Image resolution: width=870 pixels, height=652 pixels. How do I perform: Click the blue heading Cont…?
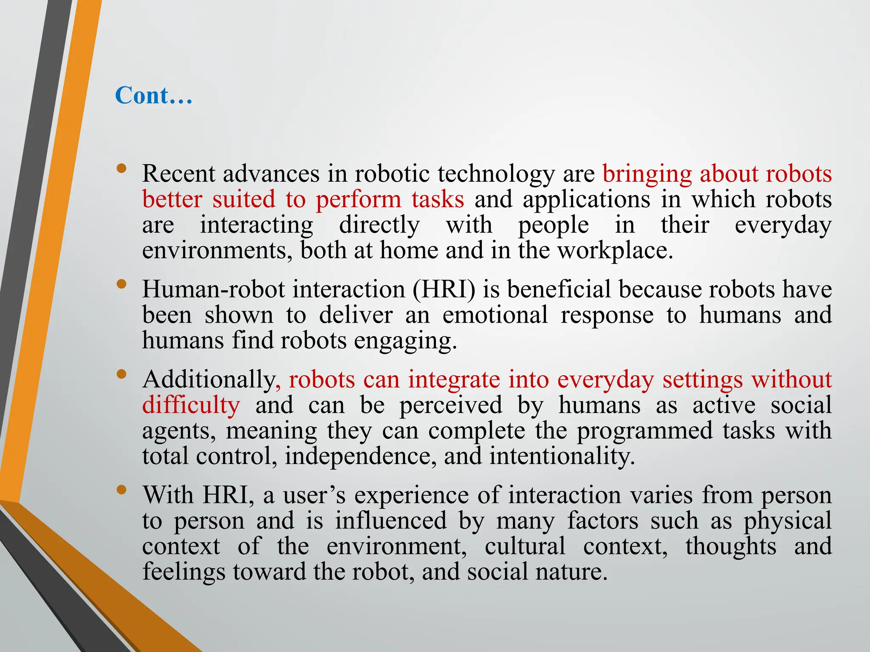point(154,95)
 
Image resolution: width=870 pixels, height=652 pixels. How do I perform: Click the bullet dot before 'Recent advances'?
point(121,169)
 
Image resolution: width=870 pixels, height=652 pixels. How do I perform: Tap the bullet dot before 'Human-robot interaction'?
point(121,284)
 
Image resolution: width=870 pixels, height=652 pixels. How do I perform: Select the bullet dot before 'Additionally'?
point(121,374)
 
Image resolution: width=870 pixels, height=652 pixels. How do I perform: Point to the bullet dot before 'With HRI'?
point(121,490)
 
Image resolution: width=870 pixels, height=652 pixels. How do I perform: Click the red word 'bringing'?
point(647,174)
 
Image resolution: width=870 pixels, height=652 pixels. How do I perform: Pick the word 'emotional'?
point(495,315)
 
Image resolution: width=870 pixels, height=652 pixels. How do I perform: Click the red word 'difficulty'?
point(191,405)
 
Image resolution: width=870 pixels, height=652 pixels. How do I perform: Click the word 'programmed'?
point(644,431)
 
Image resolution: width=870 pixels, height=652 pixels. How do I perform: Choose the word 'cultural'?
point(525,546)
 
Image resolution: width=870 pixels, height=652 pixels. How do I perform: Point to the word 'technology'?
point(496,174)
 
